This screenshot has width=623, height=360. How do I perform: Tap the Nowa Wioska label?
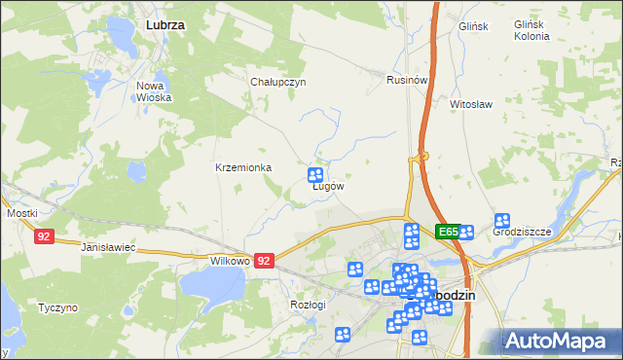[154, 91]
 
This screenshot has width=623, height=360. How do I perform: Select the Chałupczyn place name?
[278, 82]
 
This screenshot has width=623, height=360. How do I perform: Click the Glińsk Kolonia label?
[532, 30]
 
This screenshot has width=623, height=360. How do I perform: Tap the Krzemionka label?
[243, 167]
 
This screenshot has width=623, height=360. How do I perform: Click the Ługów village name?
[328, 186]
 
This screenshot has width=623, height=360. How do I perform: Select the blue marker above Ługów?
[315, 175]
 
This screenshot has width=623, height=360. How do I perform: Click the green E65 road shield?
[448, 232]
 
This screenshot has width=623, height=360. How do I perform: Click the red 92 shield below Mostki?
[43, 236]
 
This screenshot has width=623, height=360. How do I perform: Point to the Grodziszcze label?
[522, 232]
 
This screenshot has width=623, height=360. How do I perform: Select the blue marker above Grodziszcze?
[502, 221]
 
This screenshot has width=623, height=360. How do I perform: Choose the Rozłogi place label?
[308, 304]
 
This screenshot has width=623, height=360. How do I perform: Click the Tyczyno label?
[57, 308]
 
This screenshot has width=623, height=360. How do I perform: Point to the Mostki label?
[21, 212]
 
